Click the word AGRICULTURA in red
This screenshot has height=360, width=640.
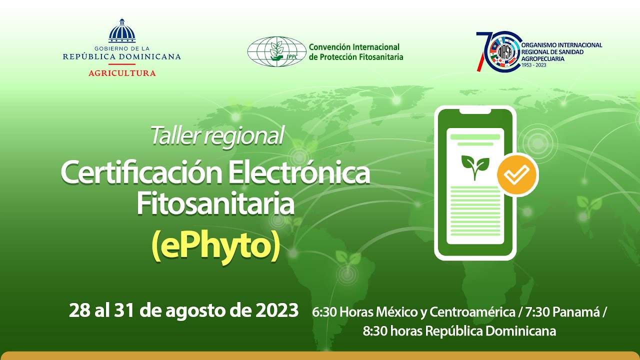pyautogui.click(x=122, y=73)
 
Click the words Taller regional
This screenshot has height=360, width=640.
pyautogui.click(x=217, y=135)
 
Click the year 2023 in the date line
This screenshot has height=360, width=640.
pyautogui.click(x=276, y=310)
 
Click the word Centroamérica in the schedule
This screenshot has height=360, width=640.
pyautogui.click(x=472, y=312)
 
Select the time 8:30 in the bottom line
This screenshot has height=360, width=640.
pyautogui.click(x=374, y=331)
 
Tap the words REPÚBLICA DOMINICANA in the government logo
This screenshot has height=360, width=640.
pyautogui.click(x=122, y=57)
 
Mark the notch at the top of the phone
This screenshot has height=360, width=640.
pyautogui.click(x=475, y=109)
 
